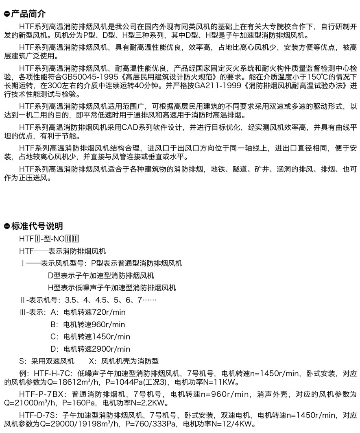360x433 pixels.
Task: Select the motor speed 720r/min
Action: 109,312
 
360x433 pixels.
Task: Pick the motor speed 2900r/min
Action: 111,349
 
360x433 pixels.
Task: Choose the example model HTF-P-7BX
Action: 44,394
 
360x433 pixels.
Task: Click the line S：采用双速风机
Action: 47,361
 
